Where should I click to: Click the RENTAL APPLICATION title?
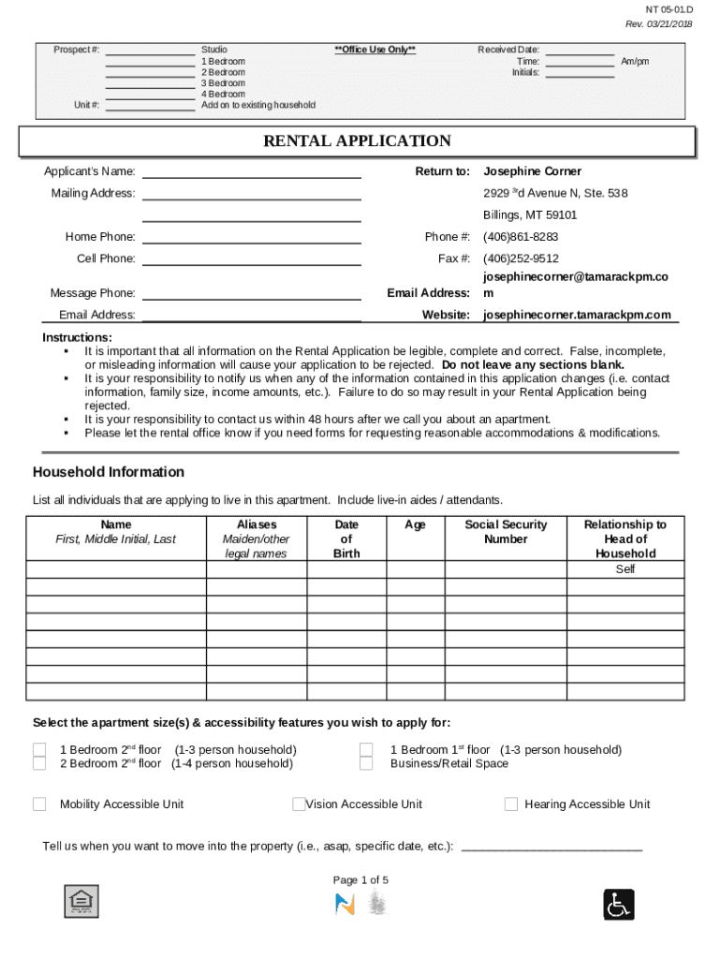[x=357, y=141]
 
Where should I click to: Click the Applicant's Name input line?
[x=251, y=172]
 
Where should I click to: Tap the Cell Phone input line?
[x=251, y=259]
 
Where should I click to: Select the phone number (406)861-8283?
[x=521, y=237]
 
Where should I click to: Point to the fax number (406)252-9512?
[x=521, y=258]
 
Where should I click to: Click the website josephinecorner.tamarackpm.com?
[x=577, y=315]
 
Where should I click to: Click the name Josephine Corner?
[x=532, y=171]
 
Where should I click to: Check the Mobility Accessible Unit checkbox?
[x=39, y=804]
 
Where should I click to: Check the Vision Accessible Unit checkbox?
[x=299, y=804]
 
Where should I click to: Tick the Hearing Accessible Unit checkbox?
[x=511, y=804]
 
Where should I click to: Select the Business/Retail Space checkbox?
[x=367, y=763]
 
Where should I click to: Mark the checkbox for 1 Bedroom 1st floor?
[x=367, y=749]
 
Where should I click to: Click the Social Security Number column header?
[x=506, y=532]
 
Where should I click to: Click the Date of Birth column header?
[x=346, y=539]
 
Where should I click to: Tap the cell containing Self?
[x=625, y=569]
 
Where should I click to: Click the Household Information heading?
[x=109, y=472]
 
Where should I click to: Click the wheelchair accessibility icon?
[x=619, y=904]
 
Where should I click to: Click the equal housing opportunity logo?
[x=81, y=901]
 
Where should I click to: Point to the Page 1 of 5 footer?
[x=360, y=880]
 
